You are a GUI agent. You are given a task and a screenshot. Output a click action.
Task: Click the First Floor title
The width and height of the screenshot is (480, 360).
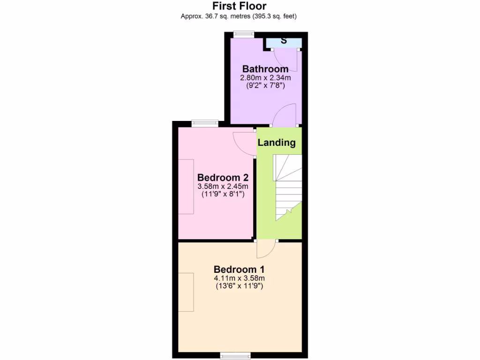(x=239, y=6)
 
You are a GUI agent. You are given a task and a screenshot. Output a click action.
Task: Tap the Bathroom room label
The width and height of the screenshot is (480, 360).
(x=265, y=69)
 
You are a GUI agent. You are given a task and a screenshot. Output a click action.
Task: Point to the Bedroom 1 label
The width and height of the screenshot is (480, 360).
(x=239, y=270)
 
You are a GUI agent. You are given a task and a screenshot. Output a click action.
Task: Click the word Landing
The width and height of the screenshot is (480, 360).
(x=277, y=142)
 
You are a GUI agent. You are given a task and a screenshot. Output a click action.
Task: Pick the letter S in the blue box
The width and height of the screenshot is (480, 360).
(x=284, y=41)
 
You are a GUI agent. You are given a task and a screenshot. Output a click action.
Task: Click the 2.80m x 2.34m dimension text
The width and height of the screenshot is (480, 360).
(x=265, y=78)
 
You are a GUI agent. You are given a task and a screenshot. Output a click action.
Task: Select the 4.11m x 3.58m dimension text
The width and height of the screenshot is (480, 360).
(x=239, y=278)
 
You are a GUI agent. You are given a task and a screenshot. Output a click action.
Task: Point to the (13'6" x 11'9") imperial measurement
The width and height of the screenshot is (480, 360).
(x=239, y=285)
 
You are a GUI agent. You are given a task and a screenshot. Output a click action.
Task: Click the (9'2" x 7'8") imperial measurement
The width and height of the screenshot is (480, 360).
(x=265, y=86)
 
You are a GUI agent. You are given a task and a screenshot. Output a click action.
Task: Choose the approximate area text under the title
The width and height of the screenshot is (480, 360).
(x=239, y=16)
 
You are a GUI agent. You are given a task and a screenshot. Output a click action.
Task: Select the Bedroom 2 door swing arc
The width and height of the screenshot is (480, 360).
(x=244, y=143)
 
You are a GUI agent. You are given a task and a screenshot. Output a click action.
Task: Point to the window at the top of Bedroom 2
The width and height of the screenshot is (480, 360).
(x=205, y=123)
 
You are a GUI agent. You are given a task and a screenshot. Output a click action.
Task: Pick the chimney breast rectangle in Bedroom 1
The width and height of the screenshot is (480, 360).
(x=186, y=292)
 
